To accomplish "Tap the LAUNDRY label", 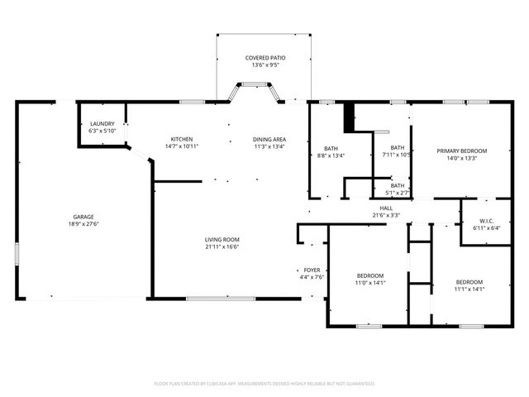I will pos(102,123).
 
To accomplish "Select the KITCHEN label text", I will pos(181,138).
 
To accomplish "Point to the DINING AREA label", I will pos(269,138).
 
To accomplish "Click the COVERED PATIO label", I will pos(264,58).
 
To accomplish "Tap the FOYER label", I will pos(312,270).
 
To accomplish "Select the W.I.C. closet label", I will pos(486,221).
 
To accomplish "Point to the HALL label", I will pos(386,208).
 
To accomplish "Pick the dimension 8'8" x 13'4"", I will pos(331,155).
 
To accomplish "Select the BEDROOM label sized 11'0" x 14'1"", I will pos(369,275).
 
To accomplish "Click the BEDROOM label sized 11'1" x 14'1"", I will pos(469,282).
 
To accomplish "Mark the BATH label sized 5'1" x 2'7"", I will pos(398,186).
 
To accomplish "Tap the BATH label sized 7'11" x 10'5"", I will pos(398,148).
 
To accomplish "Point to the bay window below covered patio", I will pos(249,85).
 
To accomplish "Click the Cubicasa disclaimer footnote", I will pos(264,384).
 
